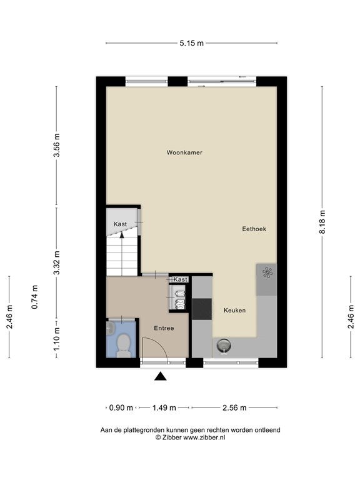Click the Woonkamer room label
(x=184, y=152)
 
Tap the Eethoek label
(x=254, y=229)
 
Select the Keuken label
(x=234, y=311)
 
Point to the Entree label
(x=164, y=328)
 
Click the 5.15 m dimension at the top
(x=192, y=43)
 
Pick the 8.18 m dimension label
(x=322, y=222)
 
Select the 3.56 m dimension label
(x=57, y=146)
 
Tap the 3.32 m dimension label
(x=57, y=262)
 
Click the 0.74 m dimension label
(x=34, y=297)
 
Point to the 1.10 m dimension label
(x=57, y=339)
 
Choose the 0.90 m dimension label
(x=121, y=407)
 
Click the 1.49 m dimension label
(x=164, y=407)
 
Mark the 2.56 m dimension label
(x=234, y=407)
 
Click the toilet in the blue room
(x=124, y=345)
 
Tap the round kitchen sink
(x=224, y=346)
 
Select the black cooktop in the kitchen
(x=202, y=309)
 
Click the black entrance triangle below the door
(x=161, y=376)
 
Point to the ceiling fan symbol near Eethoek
(x=267, y=272)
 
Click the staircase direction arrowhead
(x=122, y=235)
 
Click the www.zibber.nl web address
(x=204, y=437)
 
